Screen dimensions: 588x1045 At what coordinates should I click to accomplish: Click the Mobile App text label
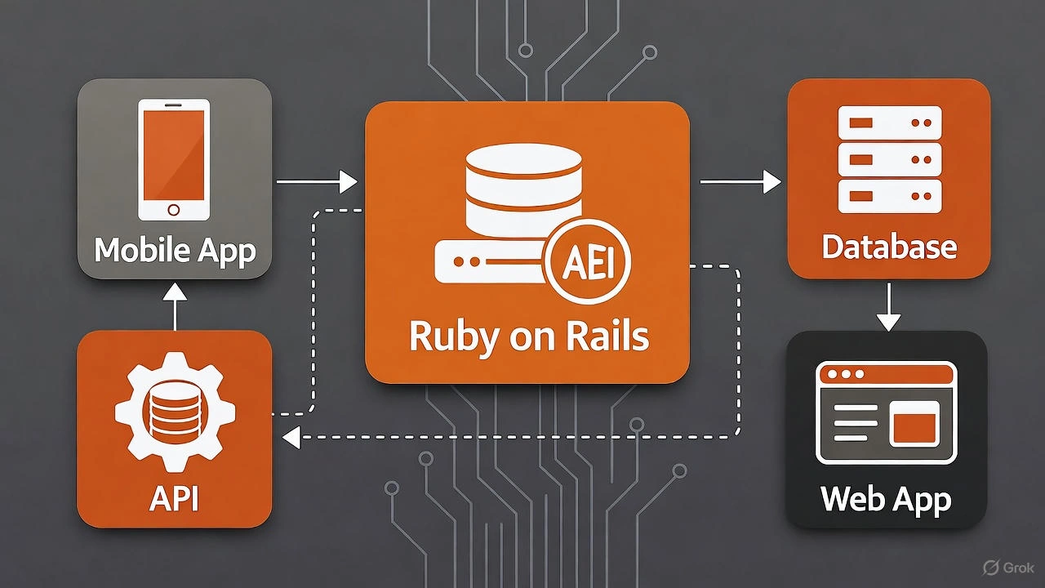click(175, 250)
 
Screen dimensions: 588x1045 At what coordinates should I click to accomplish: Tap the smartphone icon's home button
click(173, 210)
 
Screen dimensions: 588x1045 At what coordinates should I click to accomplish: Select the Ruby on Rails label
click(528, 336)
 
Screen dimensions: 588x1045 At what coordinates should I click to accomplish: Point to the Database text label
click(889, 247)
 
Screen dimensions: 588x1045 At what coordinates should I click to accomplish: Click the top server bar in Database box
click(890, 122)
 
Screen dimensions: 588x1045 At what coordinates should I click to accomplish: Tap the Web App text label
click(886, 498)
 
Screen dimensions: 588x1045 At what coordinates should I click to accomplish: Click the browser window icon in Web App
click(886, 412)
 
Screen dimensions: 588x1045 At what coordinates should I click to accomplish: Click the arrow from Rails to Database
click(740, 182)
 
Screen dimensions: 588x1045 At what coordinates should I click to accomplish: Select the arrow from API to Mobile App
click(175, 305)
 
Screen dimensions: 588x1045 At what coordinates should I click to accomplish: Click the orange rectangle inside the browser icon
click(913, 425)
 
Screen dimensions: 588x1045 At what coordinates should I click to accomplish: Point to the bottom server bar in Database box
click(890, 196)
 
